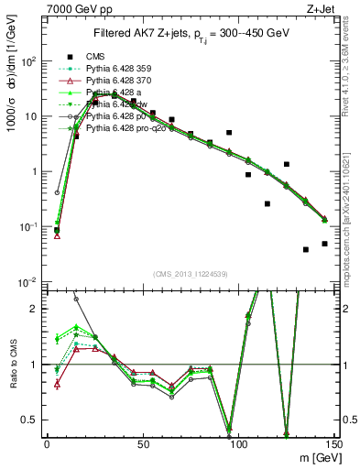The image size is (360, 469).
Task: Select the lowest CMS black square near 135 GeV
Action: (306, 249)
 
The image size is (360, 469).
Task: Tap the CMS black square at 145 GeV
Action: (325, 244)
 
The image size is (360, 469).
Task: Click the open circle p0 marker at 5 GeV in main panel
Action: (57, 193)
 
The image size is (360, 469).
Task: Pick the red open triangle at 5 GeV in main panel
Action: (57, 236)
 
